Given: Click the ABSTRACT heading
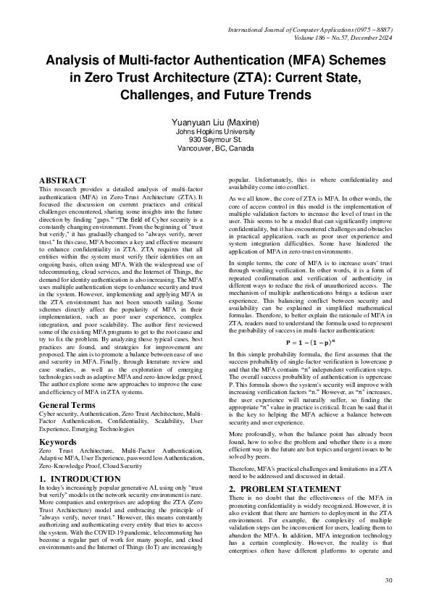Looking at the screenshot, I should click(62, 180).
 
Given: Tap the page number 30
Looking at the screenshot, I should click(388, 580).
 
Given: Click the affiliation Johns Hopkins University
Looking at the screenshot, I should click(216, 132).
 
